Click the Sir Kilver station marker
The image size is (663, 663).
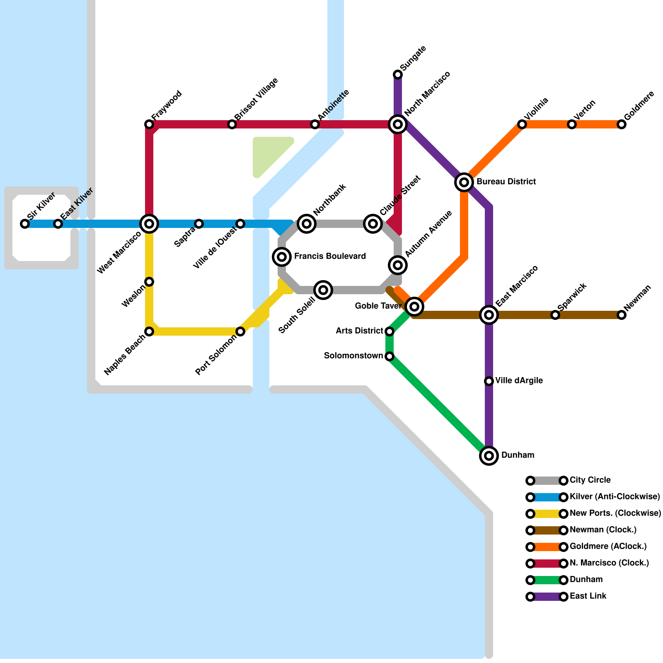(x=25, y=224)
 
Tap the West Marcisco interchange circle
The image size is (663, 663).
(x=149, y=224)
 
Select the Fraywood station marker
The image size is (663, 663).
(x=149, y=124)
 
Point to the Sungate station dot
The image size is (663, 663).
(x=398, y=75)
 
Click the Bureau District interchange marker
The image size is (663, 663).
(x=464, y=182)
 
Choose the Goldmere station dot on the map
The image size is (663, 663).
(x=622, y=124)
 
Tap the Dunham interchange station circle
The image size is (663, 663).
(x=489, y=456)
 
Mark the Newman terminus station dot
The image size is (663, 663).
(x=622, y=315)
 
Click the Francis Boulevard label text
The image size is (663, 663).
(x=330, y=256)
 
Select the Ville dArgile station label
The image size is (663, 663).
(x=519, y=381)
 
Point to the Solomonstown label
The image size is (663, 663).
(x=353, y=356)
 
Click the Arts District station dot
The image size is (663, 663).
(x=390, y=331)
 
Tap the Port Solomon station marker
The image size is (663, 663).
(x=240, y=331)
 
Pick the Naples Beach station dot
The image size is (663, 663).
(x=149, y=331)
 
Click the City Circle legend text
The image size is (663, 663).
(x=590, y=480)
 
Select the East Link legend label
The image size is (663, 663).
(x=588, y=596)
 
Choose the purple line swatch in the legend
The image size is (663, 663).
(x=547, y=597)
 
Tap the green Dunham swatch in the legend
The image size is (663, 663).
(x=547, y=580)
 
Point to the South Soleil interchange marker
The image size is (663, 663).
(x=323, y=290)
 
